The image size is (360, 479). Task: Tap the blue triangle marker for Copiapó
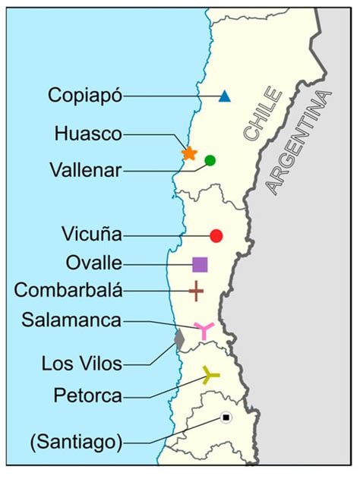pos(224,96)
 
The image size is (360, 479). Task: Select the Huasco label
pos(88,134)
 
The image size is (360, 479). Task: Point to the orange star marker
pos(189,153)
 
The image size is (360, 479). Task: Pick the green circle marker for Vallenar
pos(210,160)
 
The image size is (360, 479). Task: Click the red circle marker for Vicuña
pos(216,235)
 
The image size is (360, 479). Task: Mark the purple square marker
pos(200,264)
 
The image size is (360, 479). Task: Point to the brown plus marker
pos(196,290)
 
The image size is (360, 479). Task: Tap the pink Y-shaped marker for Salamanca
pos(203,329)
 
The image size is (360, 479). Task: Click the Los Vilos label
pos(82,364)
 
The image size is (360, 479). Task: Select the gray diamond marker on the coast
pos(179,339)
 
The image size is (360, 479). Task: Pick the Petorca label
pos(87,395)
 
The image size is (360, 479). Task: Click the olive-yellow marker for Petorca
pos(210,373)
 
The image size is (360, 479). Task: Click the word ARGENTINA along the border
pos(298,144)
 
